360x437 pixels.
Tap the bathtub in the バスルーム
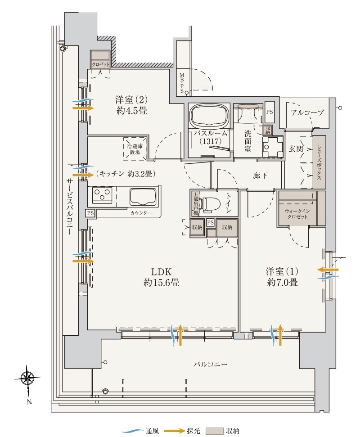209,117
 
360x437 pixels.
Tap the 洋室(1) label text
282,277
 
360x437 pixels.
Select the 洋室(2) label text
131,104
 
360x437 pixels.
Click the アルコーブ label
307,113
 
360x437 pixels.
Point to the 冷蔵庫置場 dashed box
135,149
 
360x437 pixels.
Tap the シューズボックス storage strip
319,162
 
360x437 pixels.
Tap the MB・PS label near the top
182,82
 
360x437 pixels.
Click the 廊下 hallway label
260,175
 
